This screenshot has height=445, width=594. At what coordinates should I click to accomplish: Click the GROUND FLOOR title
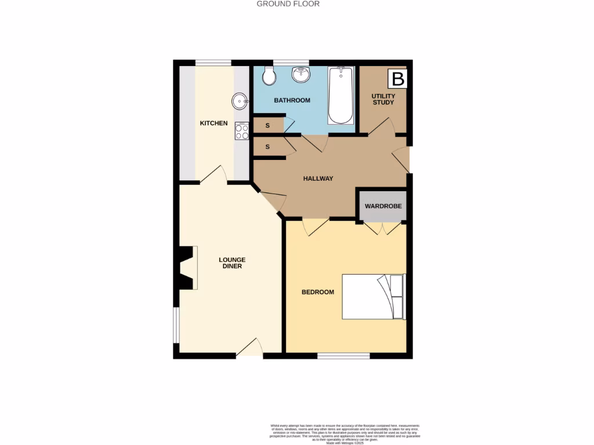coord(288,4)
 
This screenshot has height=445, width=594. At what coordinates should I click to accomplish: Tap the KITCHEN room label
coord(213,123)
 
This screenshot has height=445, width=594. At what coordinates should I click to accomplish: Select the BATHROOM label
coord(292,100)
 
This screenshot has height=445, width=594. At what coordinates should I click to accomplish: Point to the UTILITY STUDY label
coord(383,99)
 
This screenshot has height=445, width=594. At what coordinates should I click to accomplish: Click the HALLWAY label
coord(318,178)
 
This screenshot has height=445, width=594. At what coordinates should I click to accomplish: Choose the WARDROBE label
coord(383,206)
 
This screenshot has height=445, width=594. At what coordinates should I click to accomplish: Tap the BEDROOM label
coord(318,292)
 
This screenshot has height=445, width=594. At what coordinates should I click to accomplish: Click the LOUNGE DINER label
coord(232,263)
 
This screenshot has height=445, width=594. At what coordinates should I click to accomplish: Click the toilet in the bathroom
coord(269,75)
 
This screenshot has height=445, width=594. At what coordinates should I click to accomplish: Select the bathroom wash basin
coord(300,74)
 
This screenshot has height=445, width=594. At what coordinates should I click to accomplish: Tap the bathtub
coord(341,96)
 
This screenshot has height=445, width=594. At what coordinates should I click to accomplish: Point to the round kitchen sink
coord(240,101)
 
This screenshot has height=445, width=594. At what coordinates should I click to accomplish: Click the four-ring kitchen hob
coord(242,132)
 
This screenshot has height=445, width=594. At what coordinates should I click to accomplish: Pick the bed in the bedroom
coord(373,296)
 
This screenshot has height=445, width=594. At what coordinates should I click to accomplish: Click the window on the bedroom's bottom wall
coord(343,356)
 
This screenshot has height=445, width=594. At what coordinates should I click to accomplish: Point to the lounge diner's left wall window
coord(176,325)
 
